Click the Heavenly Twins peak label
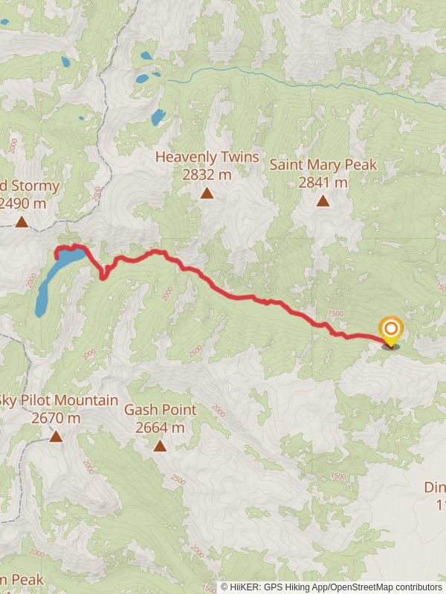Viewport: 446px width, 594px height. pos(207,157)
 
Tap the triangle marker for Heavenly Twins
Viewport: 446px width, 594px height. pos(207,194)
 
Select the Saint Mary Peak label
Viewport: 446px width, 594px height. pos(323,165)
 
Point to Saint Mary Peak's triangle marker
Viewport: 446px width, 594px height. pos(323,200)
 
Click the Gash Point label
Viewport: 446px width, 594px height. pos(160,410)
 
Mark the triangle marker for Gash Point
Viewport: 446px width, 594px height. pos(160,446)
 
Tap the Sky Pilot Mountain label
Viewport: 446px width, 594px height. pos(60,400)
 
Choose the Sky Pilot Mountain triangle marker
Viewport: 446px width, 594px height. pos(56,436)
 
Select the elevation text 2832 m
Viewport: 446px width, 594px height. pos(207,175)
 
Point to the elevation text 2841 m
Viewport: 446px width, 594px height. pos(323,183)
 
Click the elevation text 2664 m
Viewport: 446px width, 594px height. pos(160,428)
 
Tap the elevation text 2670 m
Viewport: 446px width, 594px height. pos(56,418)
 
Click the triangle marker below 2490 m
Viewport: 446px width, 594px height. pos(22,221)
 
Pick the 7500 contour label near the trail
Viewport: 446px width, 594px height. pos(335,314)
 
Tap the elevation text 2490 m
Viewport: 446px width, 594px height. pos(23,203)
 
